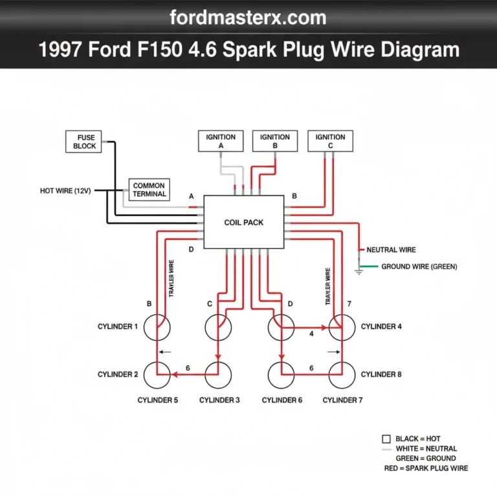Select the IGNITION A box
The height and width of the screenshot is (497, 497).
(221, 141)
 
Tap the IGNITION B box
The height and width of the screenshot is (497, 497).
(275, 141)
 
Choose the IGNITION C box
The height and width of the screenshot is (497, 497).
(331, 141)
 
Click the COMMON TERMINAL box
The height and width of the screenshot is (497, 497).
(149, 189)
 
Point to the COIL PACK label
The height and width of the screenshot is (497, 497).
(244, 223)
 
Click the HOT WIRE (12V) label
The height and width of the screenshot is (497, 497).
(65, 191)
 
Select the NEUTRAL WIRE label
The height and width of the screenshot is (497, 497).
(391, 250)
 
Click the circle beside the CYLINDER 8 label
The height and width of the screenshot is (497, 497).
(343, 375)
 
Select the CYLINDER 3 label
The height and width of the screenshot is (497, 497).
(219, 400)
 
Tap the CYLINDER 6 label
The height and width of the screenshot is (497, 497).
(282, 400)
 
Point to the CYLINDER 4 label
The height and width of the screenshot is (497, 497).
(381, 327)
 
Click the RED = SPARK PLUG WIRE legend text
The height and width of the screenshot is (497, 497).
(425, 468)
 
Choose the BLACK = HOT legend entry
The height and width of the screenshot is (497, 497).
(417, 439)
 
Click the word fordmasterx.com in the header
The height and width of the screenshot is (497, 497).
(248, 17)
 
